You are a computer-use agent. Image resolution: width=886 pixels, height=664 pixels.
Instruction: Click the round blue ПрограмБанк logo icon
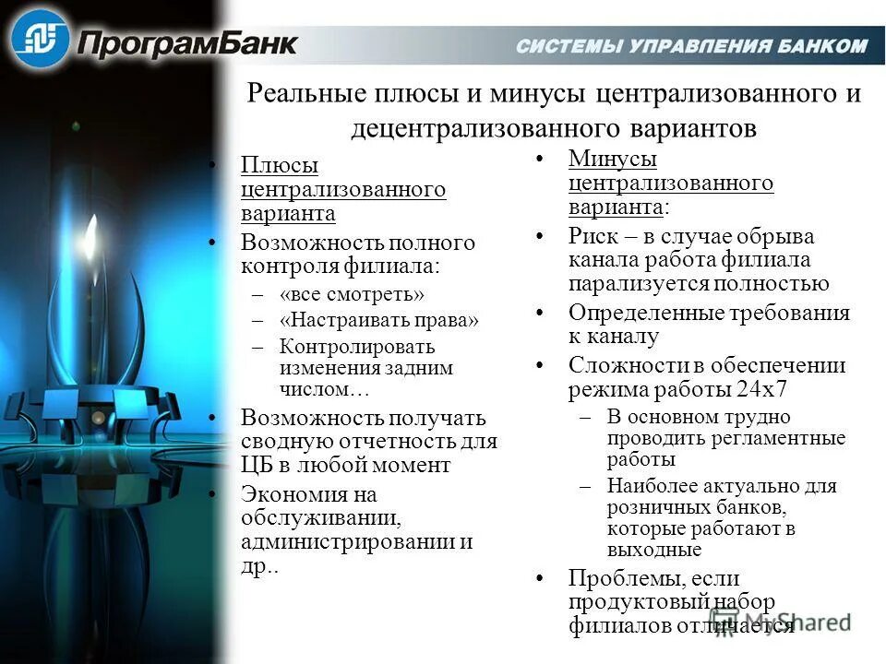pos(42,39)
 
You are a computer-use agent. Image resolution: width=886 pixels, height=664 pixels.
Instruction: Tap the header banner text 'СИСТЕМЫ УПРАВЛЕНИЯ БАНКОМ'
pos(691,46)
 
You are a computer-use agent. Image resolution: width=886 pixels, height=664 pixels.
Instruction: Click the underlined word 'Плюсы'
pos(280,165)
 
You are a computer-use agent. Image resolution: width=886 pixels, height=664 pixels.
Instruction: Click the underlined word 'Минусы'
pos(613,159)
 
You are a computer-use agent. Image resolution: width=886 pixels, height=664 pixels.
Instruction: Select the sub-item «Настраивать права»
pos(379,321)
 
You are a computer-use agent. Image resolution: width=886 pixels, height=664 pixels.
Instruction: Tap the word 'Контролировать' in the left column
pos(357,347)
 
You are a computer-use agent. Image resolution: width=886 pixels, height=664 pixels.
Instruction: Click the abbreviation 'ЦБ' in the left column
pos(257,465)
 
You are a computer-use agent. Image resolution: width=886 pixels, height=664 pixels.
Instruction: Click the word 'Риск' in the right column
pos(591,236)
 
